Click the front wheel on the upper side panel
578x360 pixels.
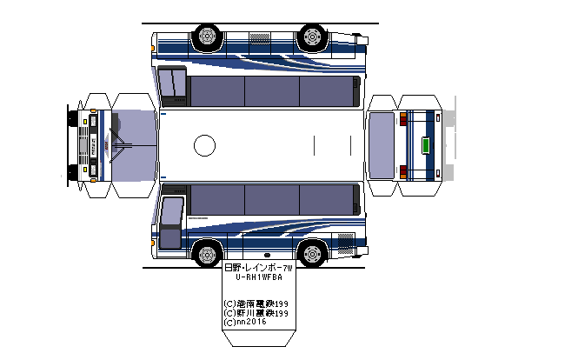click(x=207, y=37)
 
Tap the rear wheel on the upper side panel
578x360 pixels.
click(x=310, y=37)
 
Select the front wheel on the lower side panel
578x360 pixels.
click(x=207, y=254)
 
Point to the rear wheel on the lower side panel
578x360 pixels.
click(x=310, y=254)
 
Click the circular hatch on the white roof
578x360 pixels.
click(x=204, y=145)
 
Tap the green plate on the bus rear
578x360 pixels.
click(x=426, y=145)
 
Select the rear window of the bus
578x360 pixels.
click(x=382, y=145)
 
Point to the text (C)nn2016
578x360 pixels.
click(x=246, y=322)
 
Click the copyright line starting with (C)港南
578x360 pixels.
click(x=256, y=303)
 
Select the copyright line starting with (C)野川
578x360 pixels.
click(x=256, y=313)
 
